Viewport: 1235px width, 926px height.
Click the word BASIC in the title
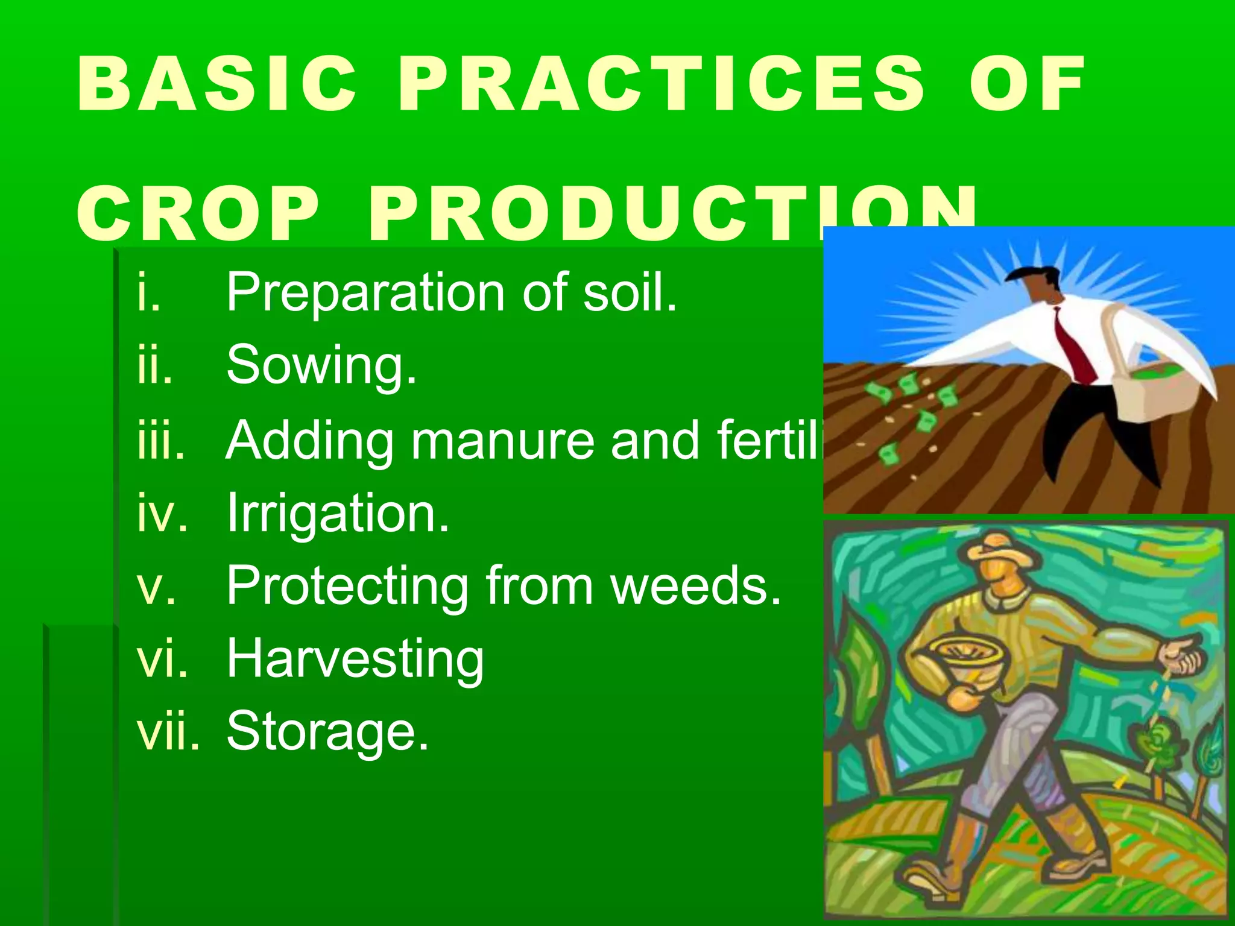217,84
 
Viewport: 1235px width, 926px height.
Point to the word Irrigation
338,513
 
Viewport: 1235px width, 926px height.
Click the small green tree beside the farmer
1158,748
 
